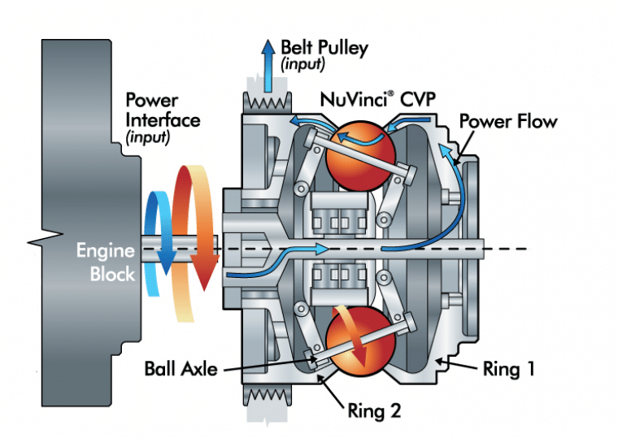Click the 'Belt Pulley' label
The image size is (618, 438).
[x=324, y=47]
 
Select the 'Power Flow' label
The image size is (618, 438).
[x=508, y=122]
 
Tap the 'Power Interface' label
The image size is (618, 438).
[x=163, y=111]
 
